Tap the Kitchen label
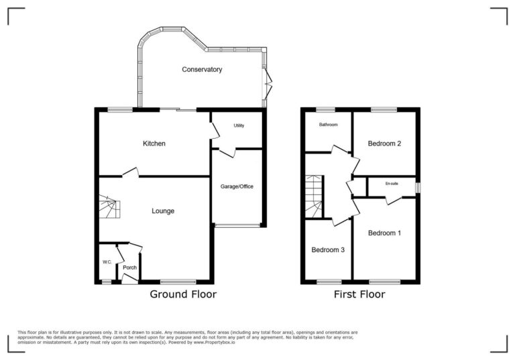pyautogui.click(x=154, y=143)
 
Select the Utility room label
pyautogui.click(x=239, y=125)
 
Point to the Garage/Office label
pyautogui.click(x=237, y=186)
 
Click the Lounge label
pyautogui.click(x=163, y=211)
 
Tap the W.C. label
pyautogui.click(x=107, y=261)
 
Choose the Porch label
pyautogui.click(x=129, y=267)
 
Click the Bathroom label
pyautogui.click(x=328, y=125)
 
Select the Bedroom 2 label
pyautogui.click(x=384, y=143)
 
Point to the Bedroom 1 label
pyautogui.click(x=384, y=233)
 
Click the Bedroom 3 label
pyautogui.click(x=328, y=250)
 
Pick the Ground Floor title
pyautogui.click(x=182, y=294)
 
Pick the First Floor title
pyautogui.click(x=359, y=294)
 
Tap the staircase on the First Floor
pyautogui.click(x=314, y=196)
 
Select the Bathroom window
pyautogui.click(x=326, y=109)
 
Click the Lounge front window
pyautogui.click(x=178, y=282)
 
